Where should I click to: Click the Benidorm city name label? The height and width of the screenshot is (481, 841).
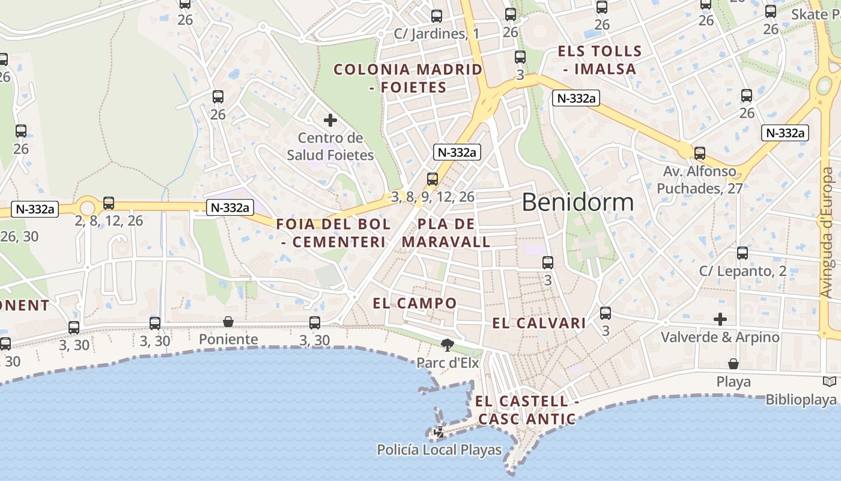point(577,203)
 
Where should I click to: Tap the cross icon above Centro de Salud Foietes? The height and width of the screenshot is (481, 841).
point(330,120)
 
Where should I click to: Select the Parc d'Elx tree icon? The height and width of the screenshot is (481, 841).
point(447,345)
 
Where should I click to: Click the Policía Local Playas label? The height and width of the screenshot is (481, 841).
point(439,450)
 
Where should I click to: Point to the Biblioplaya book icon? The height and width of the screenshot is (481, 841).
point(829,382)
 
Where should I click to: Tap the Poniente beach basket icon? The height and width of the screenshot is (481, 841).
point(228,322)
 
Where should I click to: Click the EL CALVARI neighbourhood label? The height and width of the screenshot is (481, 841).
point(539,323)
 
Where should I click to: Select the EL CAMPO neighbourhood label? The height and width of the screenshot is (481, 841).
point(414,303)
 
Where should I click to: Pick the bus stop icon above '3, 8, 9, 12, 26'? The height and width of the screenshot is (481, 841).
point(433,179)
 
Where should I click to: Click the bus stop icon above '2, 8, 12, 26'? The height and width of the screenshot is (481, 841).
point(109,203)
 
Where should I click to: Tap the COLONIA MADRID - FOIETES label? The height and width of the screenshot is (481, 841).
point(408,78)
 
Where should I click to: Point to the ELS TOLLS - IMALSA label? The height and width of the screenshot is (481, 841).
point(600,60)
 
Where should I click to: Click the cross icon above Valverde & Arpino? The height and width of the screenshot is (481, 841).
point(720,319)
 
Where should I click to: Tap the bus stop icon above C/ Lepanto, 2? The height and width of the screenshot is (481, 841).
point(742,253)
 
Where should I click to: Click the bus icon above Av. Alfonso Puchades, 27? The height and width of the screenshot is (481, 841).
point(699,153)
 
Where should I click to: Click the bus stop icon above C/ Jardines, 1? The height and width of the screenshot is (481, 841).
point(437,16)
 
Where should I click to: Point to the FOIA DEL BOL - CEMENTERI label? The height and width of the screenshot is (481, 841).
point(333,233)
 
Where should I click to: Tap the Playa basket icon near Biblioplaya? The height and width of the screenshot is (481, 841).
point(733,364)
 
